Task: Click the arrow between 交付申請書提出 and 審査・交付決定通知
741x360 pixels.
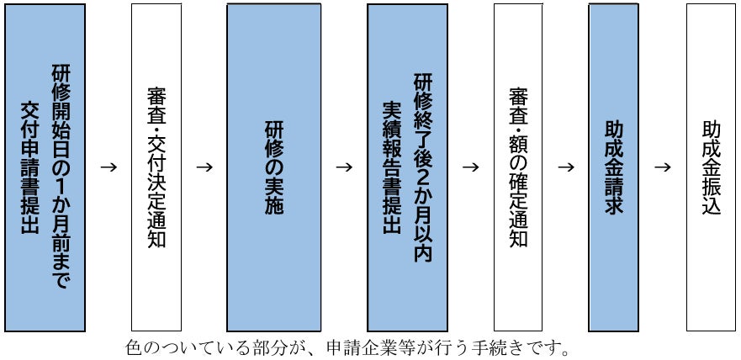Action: [x=108, y=166]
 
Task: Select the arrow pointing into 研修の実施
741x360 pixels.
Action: [x=204, y=166]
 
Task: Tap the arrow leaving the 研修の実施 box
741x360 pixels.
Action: [x=343, y=166]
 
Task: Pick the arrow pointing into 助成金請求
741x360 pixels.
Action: [x=565, y=166]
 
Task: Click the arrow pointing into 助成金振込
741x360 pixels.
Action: [x=663, y=166]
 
